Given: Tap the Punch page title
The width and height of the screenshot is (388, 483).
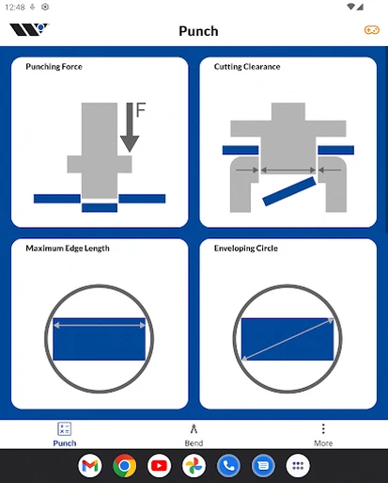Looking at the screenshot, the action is pyautogui.click(x=198, y=31).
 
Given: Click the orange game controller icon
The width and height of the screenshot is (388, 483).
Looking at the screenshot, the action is pyautogui.click(x=372, y=30).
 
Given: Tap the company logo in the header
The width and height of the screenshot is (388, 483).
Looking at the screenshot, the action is pyautogui.click(x=29, y=29).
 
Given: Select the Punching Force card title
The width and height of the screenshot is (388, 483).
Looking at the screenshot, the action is pyautogui.click(x=54, y=67).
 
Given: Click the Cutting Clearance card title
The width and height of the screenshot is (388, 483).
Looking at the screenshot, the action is pyautogui.click(x=247, y=67).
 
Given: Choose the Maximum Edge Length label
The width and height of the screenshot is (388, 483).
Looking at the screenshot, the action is pyautogui.click(x=68, y=249).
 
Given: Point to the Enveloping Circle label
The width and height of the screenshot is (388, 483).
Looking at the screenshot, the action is pyautogui.click(x=246, y=249).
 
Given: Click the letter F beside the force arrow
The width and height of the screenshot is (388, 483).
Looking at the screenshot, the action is pyautogui.click(x=141, y=109).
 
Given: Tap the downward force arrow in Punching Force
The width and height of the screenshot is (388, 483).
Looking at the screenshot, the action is pyautogui.click(x=130, y=127).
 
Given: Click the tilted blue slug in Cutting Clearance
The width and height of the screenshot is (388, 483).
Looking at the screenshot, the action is pyautogui.click(x=289, y=191).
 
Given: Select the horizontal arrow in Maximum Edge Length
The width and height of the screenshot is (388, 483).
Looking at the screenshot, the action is pyautogui.click(x=100, y=326).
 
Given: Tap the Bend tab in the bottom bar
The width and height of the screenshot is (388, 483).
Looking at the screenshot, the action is pyautogui.click(x=194, y=435).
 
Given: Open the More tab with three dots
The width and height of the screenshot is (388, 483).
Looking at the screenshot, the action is pyautogui.click(x=323, y=435).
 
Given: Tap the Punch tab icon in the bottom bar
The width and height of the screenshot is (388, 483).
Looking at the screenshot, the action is pyautogui.click(x=65, y=428).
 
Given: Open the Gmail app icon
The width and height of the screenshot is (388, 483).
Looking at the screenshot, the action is pyautogui.click(x=90, y=466).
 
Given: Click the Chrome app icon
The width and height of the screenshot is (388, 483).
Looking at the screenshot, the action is pyautogui.click(x=125, y=466).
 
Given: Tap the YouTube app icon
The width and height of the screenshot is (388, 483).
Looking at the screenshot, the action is pyautogui.click(x=159, y=466).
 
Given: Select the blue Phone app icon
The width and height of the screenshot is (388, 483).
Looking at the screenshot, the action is pyautogui.click(x=228, y=466).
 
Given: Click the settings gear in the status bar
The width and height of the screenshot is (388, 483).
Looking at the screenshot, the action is pyautogui.click(x=45, y=7).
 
